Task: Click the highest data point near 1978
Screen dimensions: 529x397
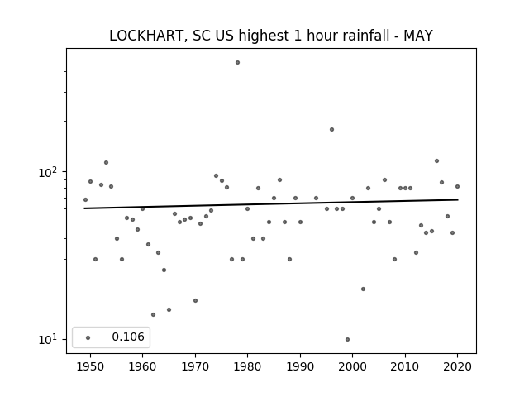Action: [237, 63]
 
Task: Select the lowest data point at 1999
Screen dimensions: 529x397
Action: [347, 339]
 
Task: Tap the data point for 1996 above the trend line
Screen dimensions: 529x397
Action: [331, 129]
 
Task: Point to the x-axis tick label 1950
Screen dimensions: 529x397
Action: [90, 366]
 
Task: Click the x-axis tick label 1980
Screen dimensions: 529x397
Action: [247, 366]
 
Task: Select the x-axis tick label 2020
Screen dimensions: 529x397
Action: [457, 366]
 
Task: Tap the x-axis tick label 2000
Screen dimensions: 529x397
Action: [352, 366]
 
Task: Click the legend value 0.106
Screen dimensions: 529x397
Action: [128, 337]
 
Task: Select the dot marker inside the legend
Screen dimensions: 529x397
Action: [88, 337]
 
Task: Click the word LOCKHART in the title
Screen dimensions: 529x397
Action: [147, 36]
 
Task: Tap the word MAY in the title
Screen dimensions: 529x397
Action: [418, 36]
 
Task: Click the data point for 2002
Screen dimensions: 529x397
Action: [363, 289]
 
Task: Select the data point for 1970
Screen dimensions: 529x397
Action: [195, 300]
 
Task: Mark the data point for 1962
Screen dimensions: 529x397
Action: [153, 314]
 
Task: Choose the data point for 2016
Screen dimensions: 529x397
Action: [436, 160]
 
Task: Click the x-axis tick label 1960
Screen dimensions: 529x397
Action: [142, 366]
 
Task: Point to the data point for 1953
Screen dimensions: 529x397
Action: [106, 162]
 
